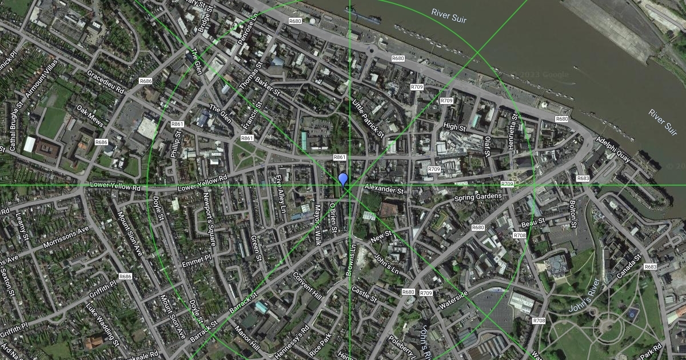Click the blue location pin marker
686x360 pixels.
[343, 180]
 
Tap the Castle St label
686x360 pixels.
[365, 295]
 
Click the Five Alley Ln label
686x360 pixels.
[280, 194]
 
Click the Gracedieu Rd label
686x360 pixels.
[106, 82]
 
